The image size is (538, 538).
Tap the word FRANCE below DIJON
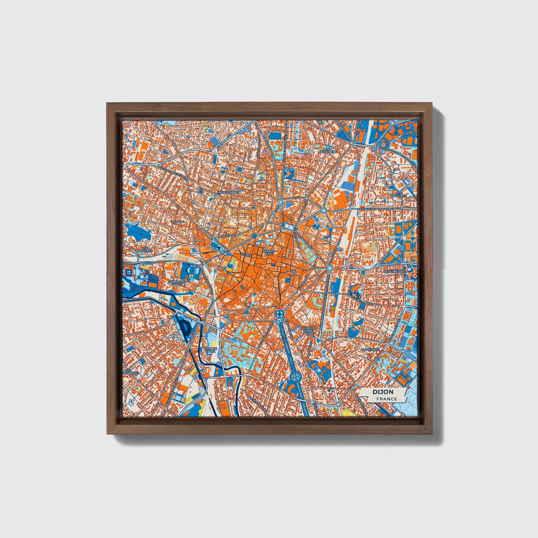[x=386, y=399]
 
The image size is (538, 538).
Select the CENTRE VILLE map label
[x=269, y=252]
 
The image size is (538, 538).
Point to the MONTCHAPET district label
[x=229, y=192]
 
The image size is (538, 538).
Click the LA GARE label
[x=178, y=221]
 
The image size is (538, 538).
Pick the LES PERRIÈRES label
[x=144, y=249]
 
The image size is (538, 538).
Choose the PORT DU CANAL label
[x=210, y=350]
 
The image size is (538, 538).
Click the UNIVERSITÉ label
[x=371, y=350]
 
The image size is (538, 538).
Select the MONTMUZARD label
[x=396, y=272]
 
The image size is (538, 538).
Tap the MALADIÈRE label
[x=328, y=152]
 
